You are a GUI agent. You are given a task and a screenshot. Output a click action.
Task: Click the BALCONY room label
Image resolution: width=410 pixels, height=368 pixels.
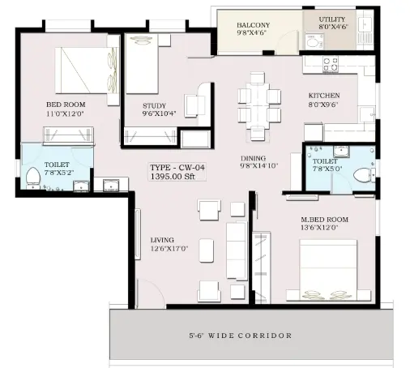click(x=254, y=25)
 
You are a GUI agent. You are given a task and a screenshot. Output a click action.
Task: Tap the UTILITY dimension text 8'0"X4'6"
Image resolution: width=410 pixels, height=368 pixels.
click(x=333, y=27)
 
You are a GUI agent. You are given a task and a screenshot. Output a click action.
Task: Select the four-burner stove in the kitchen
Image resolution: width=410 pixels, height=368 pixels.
click(x=331, y=64)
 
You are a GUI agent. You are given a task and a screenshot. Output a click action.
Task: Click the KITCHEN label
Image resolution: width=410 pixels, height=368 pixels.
click(x=324, y=96)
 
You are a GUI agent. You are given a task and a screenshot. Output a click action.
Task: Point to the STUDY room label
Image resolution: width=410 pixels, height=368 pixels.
click(x=154, y=105)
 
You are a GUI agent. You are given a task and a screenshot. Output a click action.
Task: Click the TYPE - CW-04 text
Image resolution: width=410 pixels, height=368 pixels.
click(x=177, y=168)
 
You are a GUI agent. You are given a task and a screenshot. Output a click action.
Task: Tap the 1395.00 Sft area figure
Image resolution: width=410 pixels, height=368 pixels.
click(x=173, y=177)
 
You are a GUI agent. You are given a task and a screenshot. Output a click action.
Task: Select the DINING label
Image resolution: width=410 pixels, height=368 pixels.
click(x=253, y=158)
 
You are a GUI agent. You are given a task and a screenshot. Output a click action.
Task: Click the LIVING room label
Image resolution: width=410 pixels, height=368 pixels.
click(x=162, y=240)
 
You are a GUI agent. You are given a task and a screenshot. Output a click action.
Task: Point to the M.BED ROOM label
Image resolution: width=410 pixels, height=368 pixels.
click(x=324, y=220)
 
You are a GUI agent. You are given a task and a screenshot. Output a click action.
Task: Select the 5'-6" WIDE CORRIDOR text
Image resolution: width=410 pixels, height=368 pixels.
click(x=241, y=336)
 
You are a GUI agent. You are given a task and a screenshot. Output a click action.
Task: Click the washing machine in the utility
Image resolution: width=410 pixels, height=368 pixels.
click(x=314, y=41)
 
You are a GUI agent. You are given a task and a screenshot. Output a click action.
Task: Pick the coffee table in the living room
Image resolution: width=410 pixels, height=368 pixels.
click(x=207, y=250)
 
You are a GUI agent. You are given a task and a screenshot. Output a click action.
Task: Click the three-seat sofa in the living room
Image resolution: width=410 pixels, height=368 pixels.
click(x=237, y=250)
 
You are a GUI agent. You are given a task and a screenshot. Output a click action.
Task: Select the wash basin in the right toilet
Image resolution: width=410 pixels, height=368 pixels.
click(x=341, y=151)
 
